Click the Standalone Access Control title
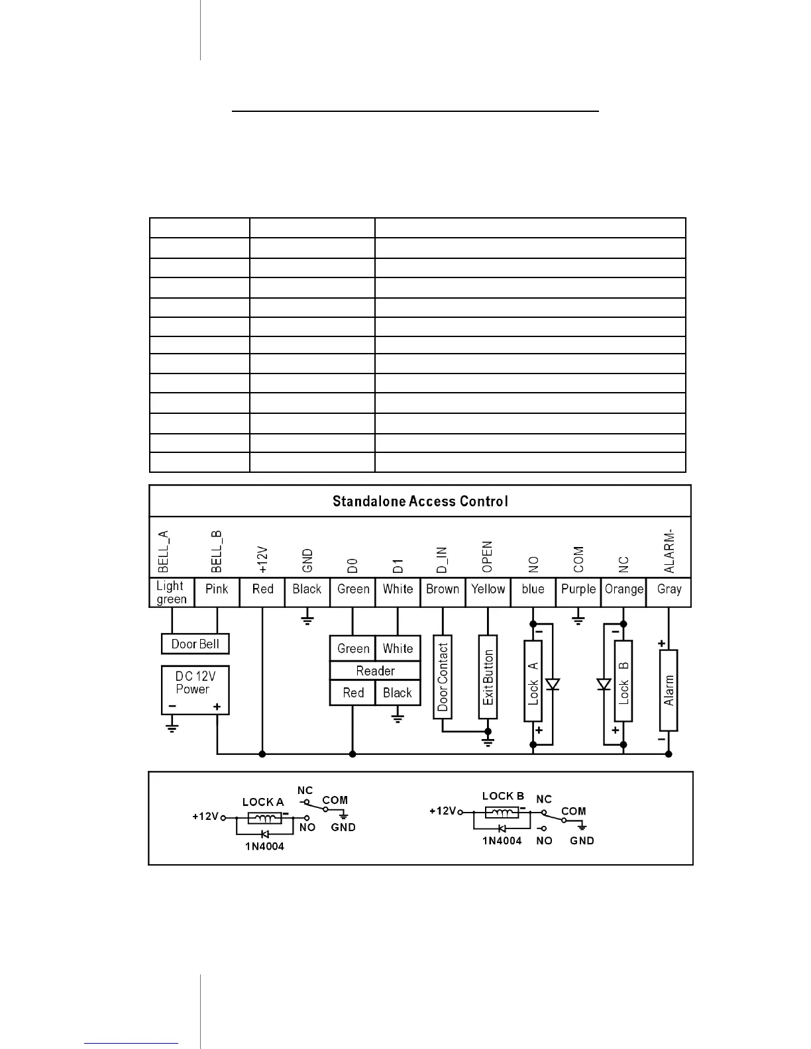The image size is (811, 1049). [420, 501]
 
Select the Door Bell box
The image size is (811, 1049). [195, 644]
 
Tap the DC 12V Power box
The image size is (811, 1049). [195, 689]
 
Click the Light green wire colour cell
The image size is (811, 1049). [172, 592]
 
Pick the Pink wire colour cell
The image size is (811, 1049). [217, 589]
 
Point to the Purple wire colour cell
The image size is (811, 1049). [578, 589]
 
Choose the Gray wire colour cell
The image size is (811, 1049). [669, 589]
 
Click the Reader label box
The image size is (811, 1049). [375, 671]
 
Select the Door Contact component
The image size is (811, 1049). [443, 677]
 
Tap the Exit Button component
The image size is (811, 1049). [488, 677]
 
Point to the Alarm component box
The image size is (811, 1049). [669, 690]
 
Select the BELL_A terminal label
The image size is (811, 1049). [164, 551]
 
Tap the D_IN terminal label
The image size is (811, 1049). [443, 560]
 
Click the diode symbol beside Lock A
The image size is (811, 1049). [553, 684]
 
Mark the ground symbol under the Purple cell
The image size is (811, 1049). [578, 621]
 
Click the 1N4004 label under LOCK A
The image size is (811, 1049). [264, 846]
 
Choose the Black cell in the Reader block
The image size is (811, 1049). [398, 693]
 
